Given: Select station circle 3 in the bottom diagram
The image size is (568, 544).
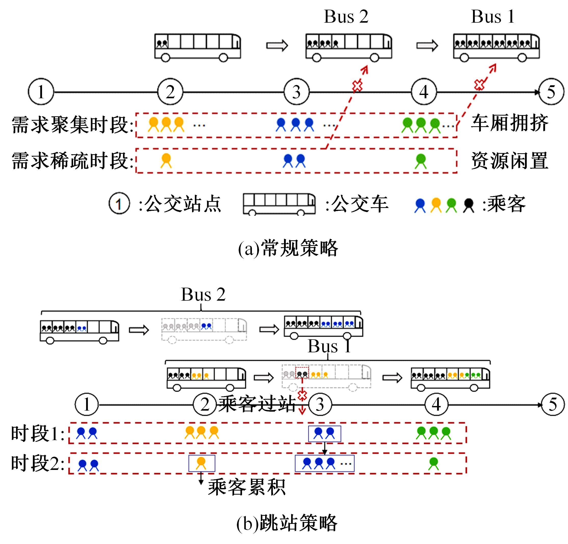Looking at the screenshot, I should pyautogui.click(x=320, y=404).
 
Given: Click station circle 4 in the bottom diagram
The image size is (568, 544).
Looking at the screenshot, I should pyautogui.click(x=436, y=404).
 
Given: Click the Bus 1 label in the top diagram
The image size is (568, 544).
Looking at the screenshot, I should pyautogui.click(x=493, y=17).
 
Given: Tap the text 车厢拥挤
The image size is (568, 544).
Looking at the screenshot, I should pyautogui.click(x=509, y=123).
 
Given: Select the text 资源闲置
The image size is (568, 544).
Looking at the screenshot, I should pyautogui.click(x=509, y=161).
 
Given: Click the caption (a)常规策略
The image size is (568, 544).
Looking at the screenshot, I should pyautogui.click(x=288, y=248).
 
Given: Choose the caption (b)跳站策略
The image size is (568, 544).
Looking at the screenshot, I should pyautogui.click(x=287, y=523).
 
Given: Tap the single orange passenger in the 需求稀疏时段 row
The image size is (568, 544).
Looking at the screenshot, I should pyautogui.click(x=166, y=160).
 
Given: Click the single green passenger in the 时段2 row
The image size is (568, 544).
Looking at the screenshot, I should pyautogui.click(x=434, y=463).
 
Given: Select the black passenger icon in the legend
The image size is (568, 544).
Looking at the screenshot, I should pyautogui.click(x=469, y=205).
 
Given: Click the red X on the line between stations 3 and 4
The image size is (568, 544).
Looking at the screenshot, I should pyautogui.click(x=357, y=86).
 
